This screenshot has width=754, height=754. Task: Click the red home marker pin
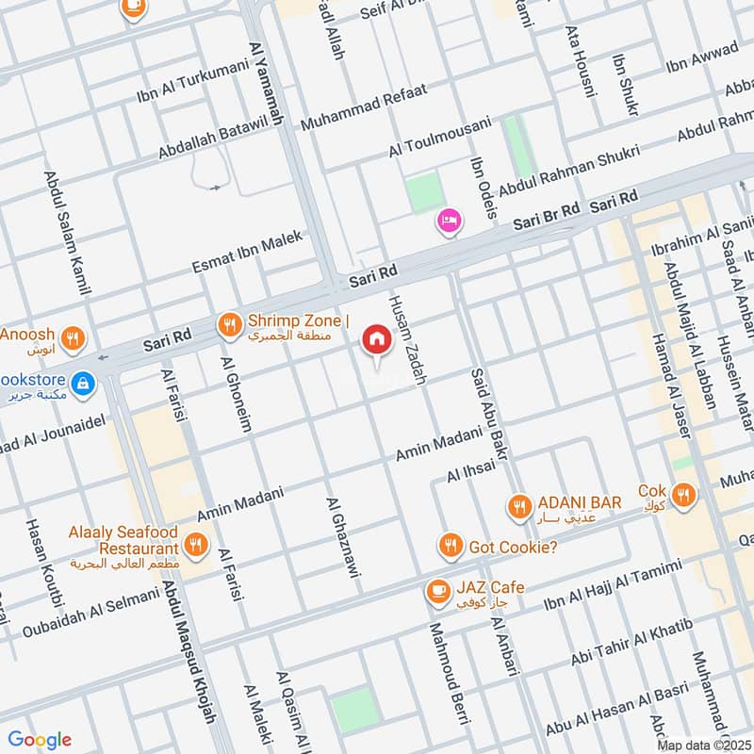point(377,340)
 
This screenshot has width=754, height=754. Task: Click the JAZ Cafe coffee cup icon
point(437,590)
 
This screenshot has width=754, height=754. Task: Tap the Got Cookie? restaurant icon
point(451,546)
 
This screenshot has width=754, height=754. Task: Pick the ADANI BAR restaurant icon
point(518,508)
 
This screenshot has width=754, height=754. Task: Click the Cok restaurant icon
point(684,493)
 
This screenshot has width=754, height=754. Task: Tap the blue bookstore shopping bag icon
point(85,383)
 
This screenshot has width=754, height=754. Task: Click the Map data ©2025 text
point(703,745)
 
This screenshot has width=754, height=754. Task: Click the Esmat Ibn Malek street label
point(247,253)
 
